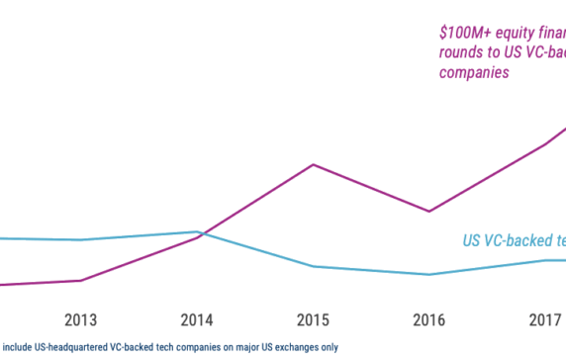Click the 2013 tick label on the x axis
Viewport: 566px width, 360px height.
pos(81,320)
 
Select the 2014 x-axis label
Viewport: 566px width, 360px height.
pos(197,320)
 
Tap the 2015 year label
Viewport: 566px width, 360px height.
pos(313,320)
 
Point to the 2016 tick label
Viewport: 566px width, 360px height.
pos(428,320)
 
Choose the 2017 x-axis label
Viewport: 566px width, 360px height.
pos(544,320)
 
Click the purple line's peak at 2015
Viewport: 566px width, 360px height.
pos(313,164)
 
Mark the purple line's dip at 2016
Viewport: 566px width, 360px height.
pos(428,212)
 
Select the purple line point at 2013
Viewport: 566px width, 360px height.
pos(81,280)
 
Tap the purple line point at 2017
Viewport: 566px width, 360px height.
pos(544,144)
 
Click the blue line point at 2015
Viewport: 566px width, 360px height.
pos(313,266)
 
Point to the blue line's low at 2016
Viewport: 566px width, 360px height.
pos(428,275)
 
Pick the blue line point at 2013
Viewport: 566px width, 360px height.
pos(81,239)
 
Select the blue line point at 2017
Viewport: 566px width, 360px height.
pos(544,260)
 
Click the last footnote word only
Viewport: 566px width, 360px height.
pos(328,347)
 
